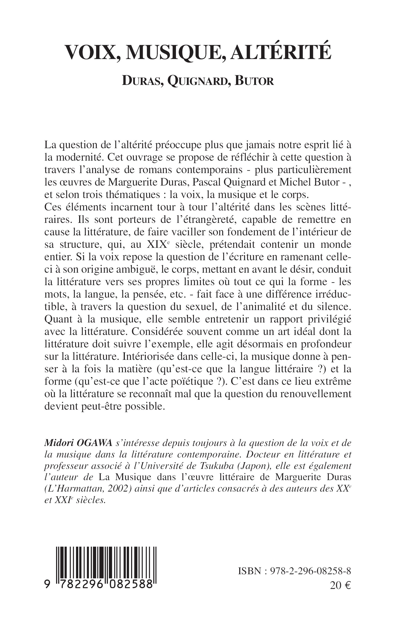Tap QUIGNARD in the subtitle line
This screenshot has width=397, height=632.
(197, 81)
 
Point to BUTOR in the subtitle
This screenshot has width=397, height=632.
(254, 81)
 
